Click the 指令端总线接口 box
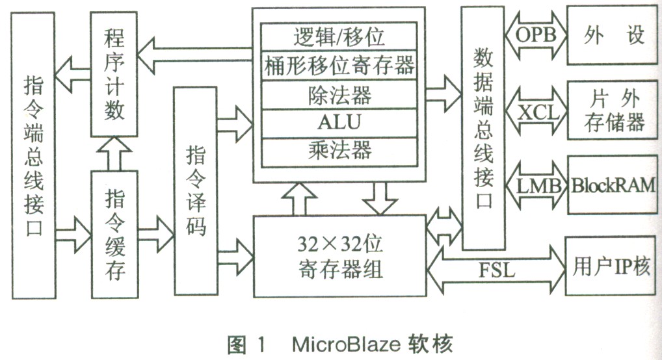pos(33,156)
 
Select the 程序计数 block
pos(114,75)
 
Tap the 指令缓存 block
pos(114,234)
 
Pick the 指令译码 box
pos(196,191)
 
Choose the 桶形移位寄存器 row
pos(339,65)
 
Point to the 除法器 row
pos(339,95)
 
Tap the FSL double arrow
pos(497,268)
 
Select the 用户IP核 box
pos(611,267)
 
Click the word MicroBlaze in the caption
pos(338,343)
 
